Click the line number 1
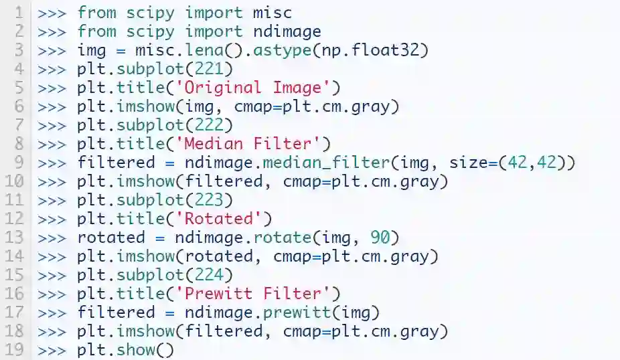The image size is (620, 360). (x=19, y=12)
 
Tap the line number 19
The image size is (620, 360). (x=15, y=350)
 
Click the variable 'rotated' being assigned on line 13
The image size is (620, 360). (x=110, y=237)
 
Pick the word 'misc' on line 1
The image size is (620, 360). (x=273, y=12)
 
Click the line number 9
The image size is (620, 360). (x=19, y=162)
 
